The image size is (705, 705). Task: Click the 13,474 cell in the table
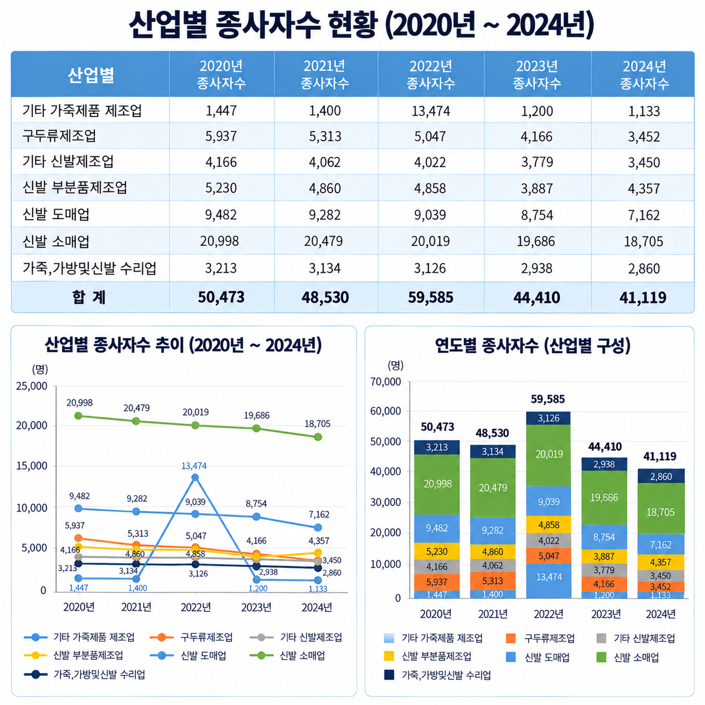(x=430, y=111)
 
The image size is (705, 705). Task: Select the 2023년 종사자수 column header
(x=536, y=75)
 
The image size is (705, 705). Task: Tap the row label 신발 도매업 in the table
(x=56, y=214)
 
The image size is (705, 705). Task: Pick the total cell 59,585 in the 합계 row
(x=430, y=297)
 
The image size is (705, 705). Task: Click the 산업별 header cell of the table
(x=91, y=75)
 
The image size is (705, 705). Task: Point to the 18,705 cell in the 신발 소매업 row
(x=643, y=241)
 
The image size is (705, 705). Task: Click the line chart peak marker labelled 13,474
(x=195, y=477)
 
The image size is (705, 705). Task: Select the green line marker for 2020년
(x=78, y=415)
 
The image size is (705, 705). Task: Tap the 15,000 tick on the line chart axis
(x=32, y=466)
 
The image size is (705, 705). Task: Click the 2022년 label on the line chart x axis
(x=196, y=607)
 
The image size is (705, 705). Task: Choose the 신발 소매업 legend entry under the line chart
(x=287, y=655)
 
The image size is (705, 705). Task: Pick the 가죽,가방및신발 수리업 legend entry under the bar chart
(x=437, y=675)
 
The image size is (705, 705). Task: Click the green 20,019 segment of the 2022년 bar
(x=548, y=455)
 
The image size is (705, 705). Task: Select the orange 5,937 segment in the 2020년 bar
(x=437, y=582)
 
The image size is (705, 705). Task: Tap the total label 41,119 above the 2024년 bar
(x=659, y=456)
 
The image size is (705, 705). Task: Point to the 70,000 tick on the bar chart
(x=386, y=382)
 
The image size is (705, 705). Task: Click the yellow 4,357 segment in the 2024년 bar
(x=661, y=562)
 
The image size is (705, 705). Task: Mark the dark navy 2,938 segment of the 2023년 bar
(x=604, y=464)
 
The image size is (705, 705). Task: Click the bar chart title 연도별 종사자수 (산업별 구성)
(x=532, y=345)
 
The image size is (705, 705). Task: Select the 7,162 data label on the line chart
(x=319, y=514)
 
